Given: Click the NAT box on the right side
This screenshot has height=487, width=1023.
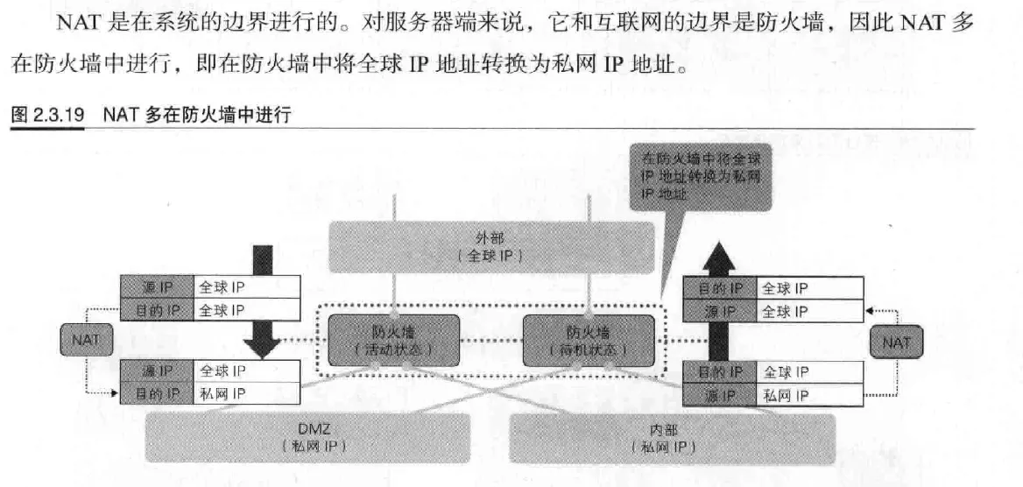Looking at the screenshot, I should coord(895,342).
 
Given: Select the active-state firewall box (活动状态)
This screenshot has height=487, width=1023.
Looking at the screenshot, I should coord(393,340).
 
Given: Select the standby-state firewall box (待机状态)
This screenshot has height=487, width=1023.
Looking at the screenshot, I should coord(588,340).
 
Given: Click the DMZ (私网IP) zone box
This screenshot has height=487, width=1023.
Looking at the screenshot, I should coord(313,437).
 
